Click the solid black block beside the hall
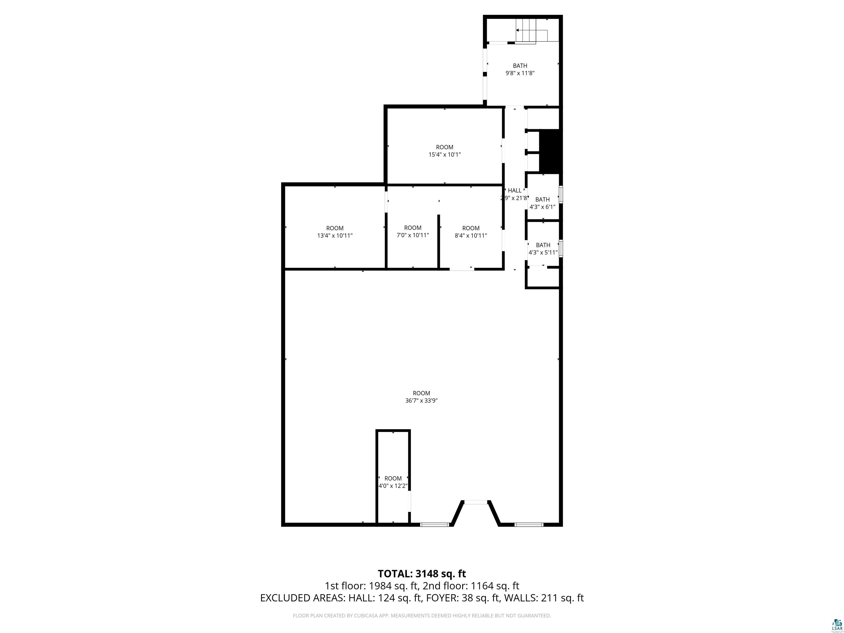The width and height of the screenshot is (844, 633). click(x=549, y=151)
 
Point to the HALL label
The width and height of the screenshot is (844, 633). click(x=514, y=190)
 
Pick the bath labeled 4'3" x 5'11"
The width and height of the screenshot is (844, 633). click(x=543, y=248)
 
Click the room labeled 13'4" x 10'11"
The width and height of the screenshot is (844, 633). click(x=335, y=232)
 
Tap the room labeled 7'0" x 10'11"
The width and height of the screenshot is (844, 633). click(x=412, y=232)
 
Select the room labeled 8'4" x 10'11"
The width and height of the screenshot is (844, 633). click(x=470, y=232)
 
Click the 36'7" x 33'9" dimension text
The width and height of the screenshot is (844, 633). click(x=421, y=401)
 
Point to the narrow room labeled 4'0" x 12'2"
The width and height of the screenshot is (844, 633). click(x=393, y=482)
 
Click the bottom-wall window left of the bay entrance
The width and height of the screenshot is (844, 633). click(x=435, y=525)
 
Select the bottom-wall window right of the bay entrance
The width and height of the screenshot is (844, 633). click(x=529, y=525)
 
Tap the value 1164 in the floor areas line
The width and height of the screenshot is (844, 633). click(x=483, y=586)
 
